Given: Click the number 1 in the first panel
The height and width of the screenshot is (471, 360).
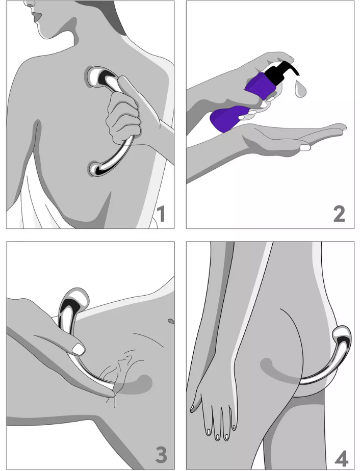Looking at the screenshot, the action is [161, 215].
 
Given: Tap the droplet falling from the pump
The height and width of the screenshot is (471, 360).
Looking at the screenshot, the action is [299, 90].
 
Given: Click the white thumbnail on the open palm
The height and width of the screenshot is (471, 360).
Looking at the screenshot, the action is [305, 147].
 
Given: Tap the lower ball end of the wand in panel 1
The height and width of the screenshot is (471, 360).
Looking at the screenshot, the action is [96, 168].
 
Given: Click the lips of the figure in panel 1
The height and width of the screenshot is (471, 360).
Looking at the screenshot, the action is [37, 17].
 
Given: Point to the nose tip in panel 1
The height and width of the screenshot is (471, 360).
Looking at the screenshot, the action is [28, 4].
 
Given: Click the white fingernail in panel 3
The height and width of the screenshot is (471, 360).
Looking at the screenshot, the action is [79, 349].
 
